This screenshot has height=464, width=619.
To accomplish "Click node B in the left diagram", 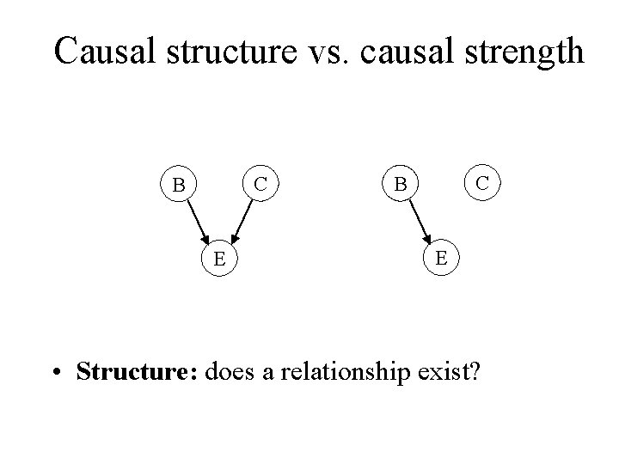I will point(179,185).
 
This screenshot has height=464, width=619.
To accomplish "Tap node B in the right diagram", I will point(400,185).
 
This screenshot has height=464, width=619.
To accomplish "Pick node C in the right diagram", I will point(483,182).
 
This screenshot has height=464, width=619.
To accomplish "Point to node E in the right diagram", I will point(441,256).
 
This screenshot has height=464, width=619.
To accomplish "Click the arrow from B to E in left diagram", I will point(197,219).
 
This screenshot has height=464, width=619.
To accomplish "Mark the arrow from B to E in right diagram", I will point(419,219).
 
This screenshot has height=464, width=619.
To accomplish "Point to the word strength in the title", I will point(521,53).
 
